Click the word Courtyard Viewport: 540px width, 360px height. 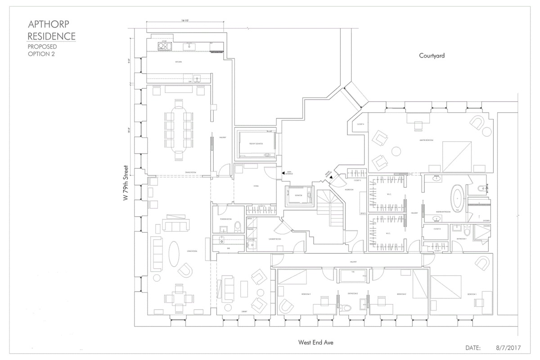tap(432, 56)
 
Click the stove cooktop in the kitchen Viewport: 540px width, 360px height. tap(162, 46)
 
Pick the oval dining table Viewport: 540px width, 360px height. tap(179, 130)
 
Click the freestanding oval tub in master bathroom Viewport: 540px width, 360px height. tap(458, 199)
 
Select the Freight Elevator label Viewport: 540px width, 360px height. tap(256, 144)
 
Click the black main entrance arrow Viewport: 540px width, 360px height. tap(283, 172)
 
